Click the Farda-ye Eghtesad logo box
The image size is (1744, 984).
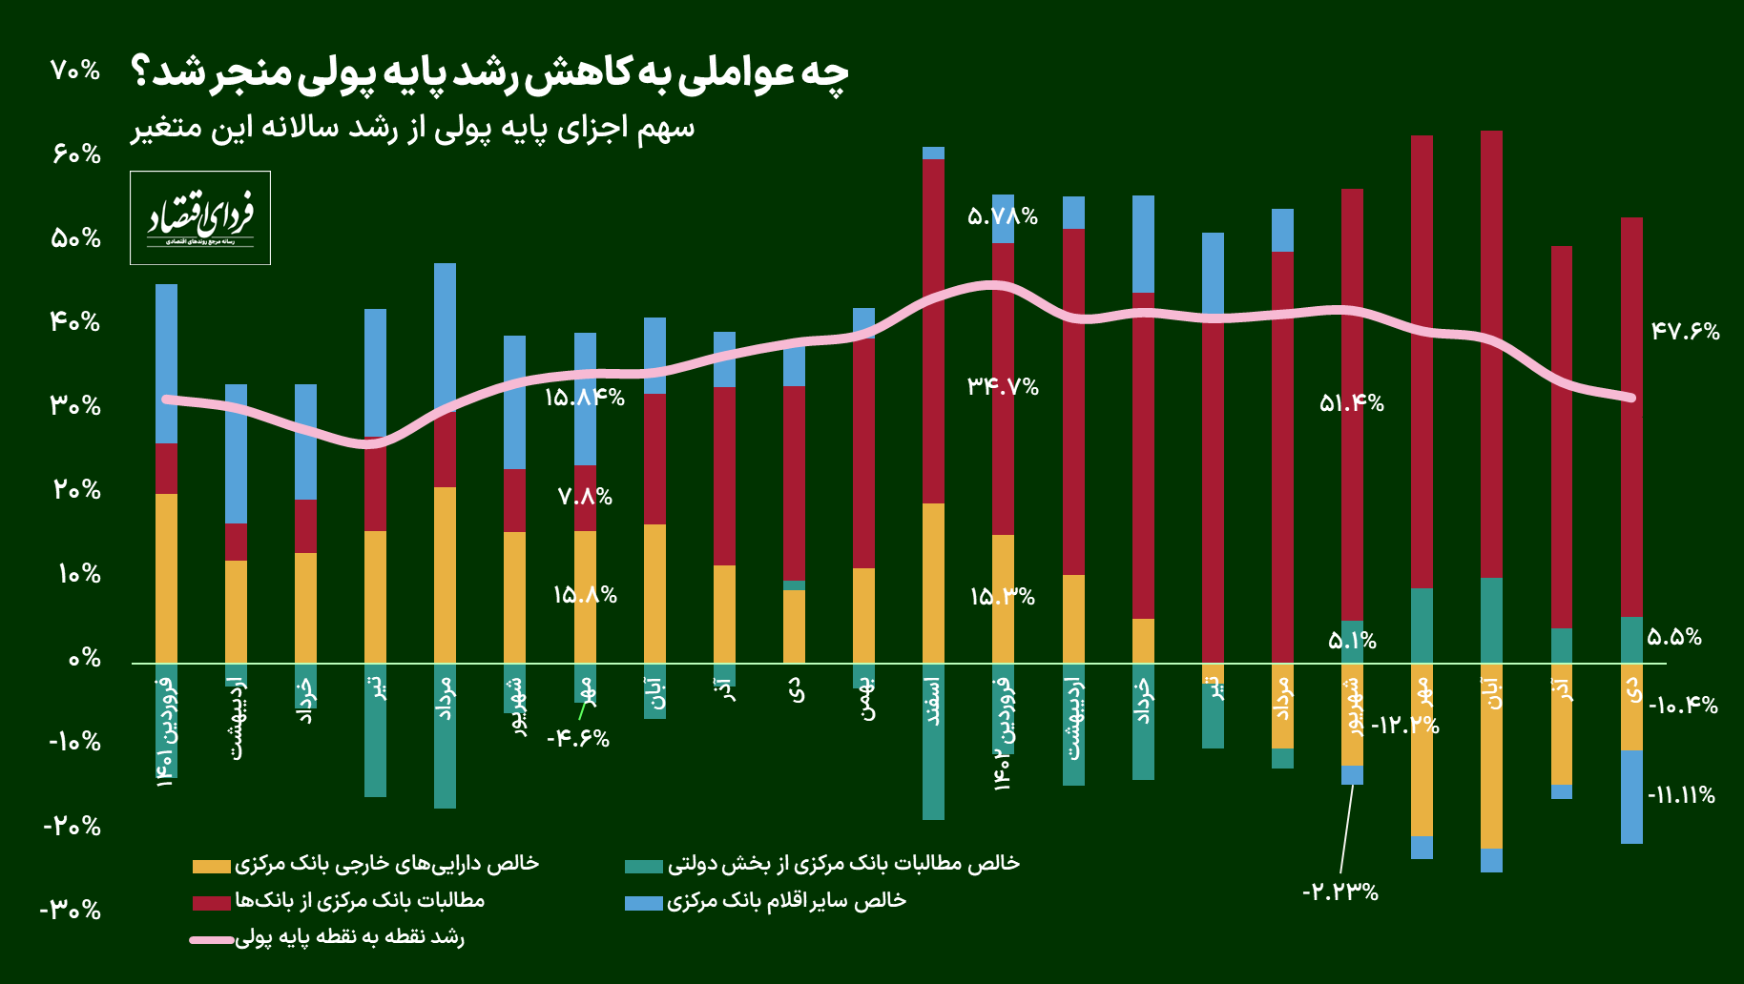pos(200,217)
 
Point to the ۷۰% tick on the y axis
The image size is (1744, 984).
pos(75,70)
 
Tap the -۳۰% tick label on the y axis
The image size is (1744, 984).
pos(71,910)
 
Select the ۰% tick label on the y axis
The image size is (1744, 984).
pos(84,658)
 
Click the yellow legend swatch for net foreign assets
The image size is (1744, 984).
pos(211,866)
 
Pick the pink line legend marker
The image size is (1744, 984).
pos(212,939)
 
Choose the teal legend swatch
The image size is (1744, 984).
pos(643,866)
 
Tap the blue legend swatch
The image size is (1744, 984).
pos(643,902)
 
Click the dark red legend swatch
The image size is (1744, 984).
pos(211,902)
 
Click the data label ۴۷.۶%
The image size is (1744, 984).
pos(1685,332)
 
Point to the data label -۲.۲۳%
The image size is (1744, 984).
pos(1339,892)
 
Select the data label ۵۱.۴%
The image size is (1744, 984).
pos(1351,403)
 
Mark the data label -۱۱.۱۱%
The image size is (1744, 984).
pos(1680,795)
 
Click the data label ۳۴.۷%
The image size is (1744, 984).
pos(1003,386)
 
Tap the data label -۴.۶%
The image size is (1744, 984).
pos(578,738)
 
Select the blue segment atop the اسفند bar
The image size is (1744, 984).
pos(933,153)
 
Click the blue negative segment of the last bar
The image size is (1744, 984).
pos(1631,797)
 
